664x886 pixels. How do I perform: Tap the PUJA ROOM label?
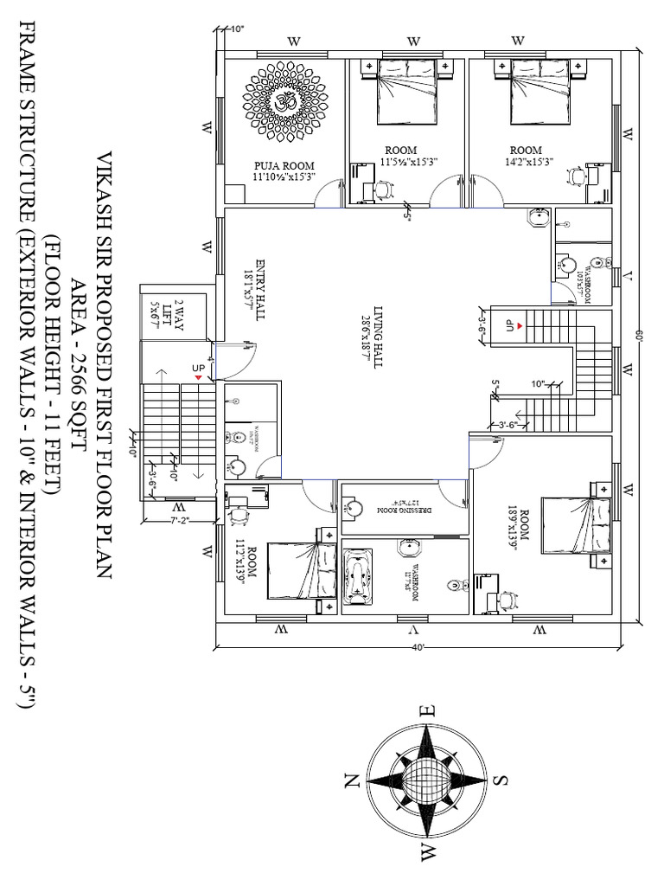coord(284,171)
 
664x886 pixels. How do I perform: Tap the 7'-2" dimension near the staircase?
coord(177,520)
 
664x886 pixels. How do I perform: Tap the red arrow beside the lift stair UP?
coord(200,378)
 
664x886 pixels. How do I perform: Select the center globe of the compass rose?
coord(425,780)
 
